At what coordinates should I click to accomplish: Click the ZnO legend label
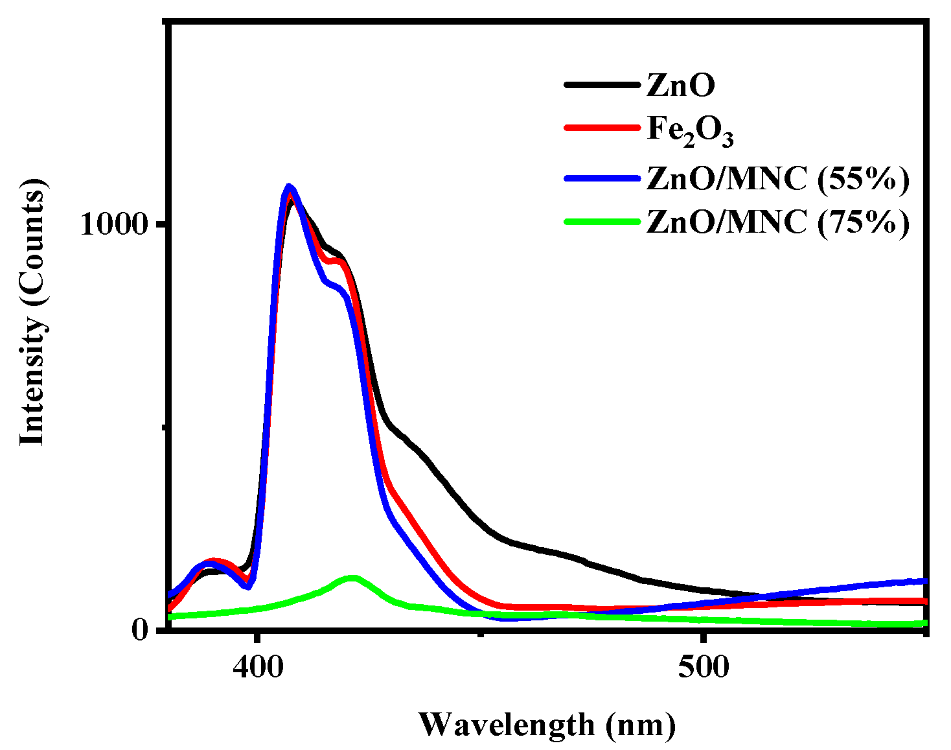coord(680,85)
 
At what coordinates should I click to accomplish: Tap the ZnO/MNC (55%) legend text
coord(778,178)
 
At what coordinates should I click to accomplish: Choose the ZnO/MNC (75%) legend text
coord(778,222)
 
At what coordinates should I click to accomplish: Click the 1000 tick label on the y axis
coord(114,224)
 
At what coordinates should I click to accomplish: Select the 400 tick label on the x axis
coord(258,667)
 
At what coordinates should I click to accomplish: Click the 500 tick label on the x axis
coord(704,667)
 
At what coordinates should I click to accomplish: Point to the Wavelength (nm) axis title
coord(547,724)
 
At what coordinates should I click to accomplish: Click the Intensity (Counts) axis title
coord(32,311)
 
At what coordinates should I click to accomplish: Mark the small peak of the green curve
coord(352,578)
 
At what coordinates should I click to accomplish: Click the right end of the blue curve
coord(925,581)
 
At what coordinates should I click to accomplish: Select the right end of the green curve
coord(925,623)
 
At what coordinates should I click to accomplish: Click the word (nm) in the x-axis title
coord(641,725)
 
